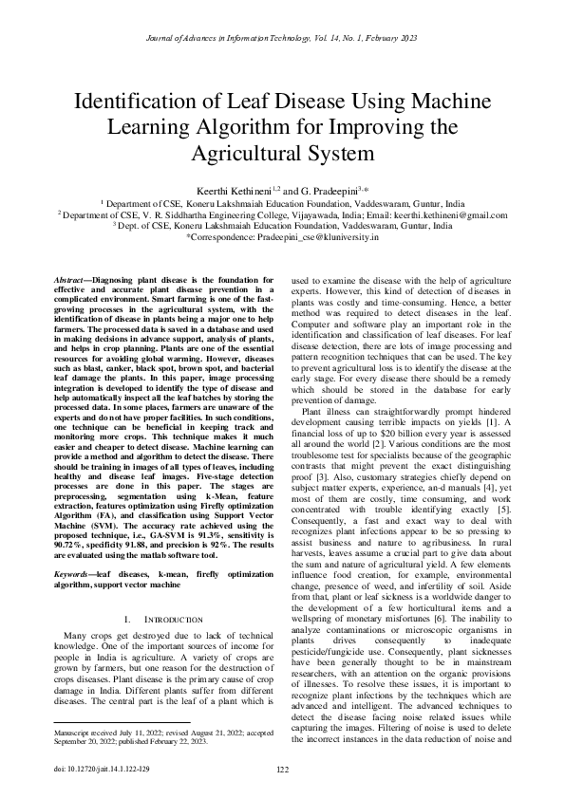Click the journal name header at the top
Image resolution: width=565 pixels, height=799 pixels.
pos(282,38)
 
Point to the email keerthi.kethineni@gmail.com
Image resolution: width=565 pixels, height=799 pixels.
pos(446,216)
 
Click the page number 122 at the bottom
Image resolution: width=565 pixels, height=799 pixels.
pos(282,769)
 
